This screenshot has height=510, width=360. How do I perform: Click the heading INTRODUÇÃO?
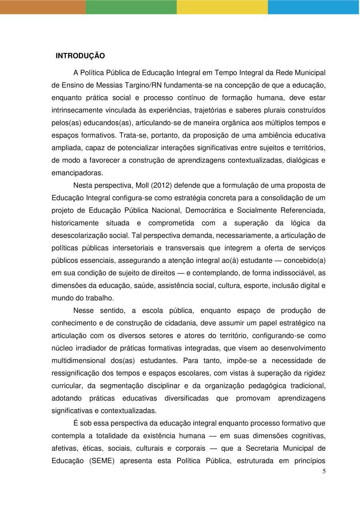point(80,56)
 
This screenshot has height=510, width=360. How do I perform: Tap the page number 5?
point(324,471)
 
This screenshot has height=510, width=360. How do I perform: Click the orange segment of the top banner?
point(43,7)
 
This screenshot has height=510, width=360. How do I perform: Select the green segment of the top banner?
point(131,7)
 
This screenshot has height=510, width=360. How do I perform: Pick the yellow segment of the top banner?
point(222,7)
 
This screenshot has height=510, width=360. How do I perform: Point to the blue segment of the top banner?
point(314,7)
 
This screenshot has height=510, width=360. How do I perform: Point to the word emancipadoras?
point(77,173)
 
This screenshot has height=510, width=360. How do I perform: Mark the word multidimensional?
point(79,360)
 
